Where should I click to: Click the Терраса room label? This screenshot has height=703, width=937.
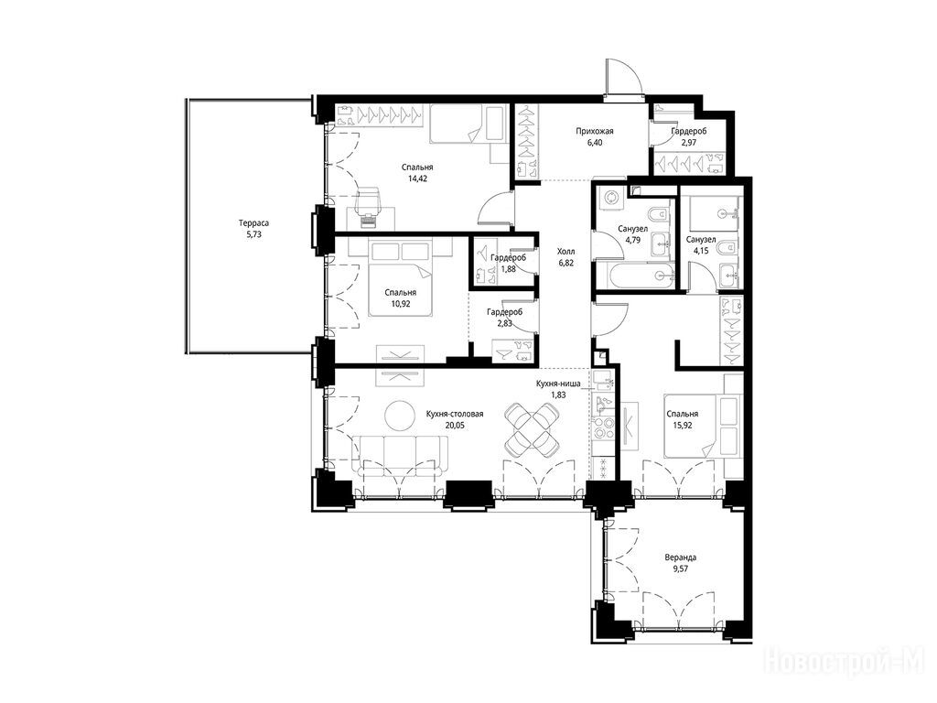(x=253, y=223)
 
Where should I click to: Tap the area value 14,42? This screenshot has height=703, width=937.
(x=417, y=178)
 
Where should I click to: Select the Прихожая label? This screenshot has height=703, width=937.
(x=595, y=132)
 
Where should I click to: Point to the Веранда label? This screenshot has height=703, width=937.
(x=681, y=557)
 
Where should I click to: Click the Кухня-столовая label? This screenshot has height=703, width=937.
(x=455, y=415)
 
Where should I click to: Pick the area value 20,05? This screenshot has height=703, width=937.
(x=455, y=426)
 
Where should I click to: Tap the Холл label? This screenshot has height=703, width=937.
(x=565, y=252)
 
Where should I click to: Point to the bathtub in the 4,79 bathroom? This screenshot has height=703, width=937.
(x=640, y=276)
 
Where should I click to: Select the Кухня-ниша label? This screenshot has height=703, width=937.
(x=558, y=384)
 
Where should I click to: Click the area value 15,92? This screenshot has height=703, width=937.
(x=682, y=426)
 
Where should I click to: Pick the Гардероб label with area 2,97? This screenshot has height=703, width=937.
(x=688, y=132)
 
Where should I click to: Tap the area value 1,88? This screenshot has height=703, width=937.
(x=508, y=269)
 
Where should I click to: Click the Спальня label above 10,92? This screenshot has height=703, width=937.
(x=401, y=293)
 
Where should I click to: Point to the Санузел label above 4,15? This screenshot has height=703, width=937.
(x=701, y=240)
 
